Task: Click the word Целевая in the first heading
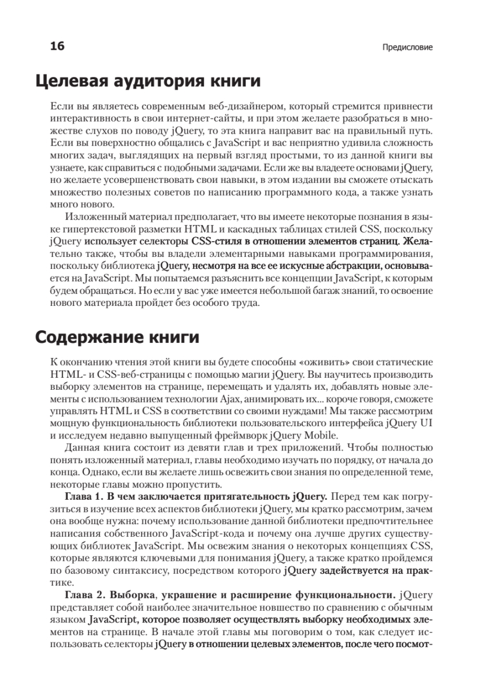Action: [x=71, y=82]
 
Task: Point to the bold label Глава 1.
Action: [x=83, y=496]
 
